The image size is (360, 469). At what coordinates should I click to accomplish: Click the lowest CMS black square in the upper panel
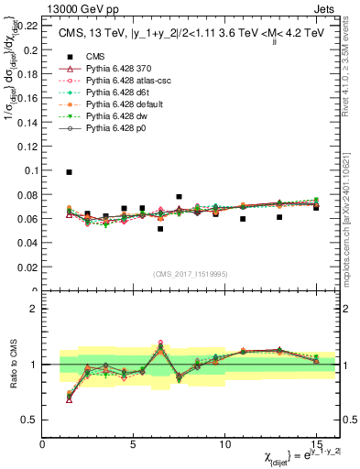coord(160,229)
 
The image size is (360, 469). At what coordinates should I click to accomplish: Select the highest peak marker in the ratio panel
coord(160,343)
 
